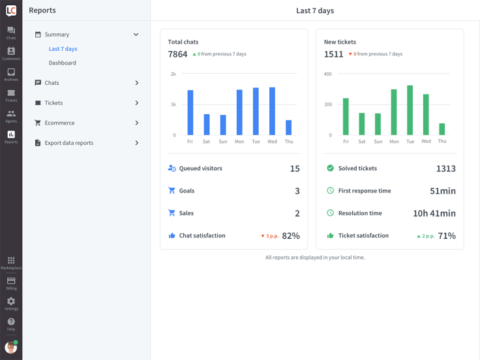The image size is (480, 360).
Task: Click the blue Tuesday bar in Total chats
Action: pyautogui.click(x=256, y=112)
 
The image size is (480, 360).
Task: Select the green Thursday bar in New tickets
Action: pyautogui.click(x=442, y=129)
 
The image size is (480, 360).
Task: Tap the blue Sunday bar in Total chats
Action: pyautogui.click(x=223, y=125)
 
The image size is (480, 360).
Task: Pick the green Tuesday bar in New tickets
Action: pyautogui.click(x=410, y=110)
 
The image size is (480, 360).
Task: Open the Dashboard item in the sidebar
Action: pyautogui.click(x=62, y=63)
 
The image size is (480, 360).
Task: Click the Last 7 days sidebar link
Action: pyautogui.click(x=63, y=49)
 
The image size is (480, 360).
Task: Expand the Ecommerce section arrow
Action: pyautogui.click(x=136, y=123)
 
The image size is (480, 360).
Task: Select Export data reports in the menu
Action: pyautogui.click(x=68, y=143)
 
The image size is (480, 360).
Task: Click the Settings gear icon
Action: pyautogui.click(x=11, y=301)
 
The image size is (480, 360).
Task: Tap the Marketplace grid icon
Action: pyautogui.click(x=11, y=261)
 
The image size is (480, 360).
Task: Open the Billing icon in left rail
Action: pyautogui.click(x=11, y=280)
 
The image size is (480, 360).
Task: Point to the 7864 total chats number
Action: pyautogui.click(x=177, y=54)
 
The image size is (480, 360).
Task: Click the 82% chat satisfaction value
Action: pyautogui.click(x=291, y=236)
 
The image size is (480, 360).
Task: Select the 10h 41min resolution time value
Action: pyautogui.click(x=434, y=213)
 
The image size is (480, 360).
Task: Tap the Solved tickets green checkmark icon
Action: pyautogui.click(x=330, y=168)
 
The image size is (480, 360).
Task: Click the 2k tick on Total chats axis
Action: pyautogui.click(x=173, y=74)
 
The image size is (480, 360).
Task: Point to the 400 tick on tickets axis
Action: pyautogui.click(x=327, y=74)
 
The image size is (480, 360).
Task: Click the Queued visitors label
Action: pyautogui.click(x=200, y=168)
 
